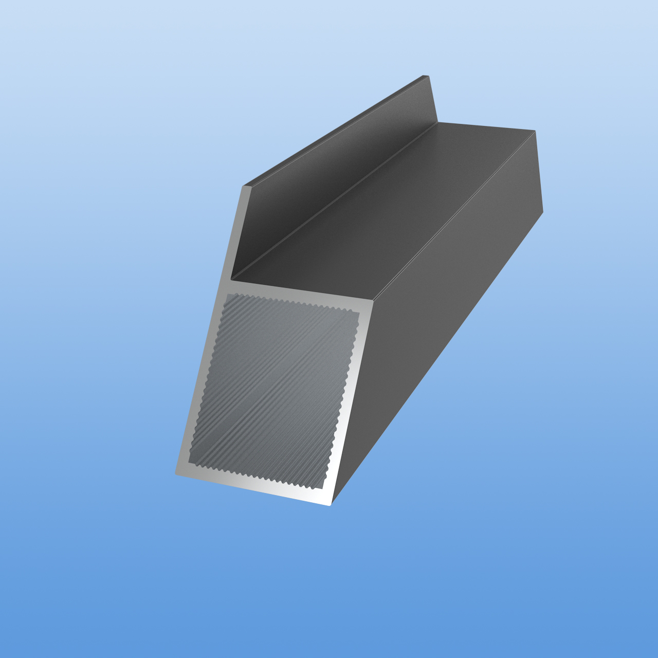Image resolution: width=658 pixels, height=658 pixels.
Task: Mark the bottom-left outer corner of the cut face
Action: [x=176, y=474]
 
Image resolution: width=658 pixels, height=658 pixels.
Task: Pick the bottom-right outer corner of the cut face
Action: [x=331, y=505]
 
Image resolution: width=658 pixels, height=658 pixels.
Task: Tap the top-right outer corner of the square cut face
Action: [x=374, y=303]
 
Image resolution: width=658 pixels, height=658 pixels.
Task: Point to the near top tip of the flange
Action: [x=245, y=186]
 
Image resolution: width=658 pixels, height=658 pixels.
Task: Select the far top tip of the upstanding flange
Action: [x=428, y=76]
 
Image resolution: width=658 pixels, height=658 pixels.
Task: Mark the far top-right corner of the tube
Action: [x=535, y=131]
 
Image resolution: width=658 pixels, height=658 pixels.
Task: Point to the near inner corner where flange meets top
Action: [x=232, y=280]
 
